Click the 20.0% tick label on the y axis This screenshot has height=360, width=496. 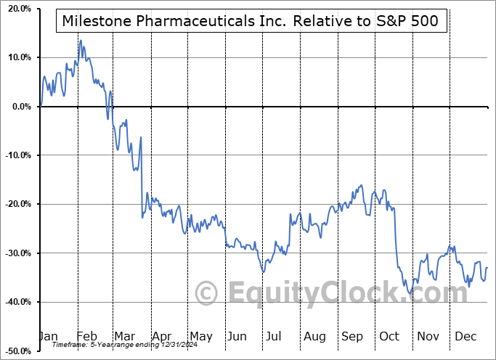pyautogui.click(x=18, y=9)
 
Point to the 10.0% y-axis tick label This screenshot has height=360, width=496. pyautogui.click(x=18, y=57)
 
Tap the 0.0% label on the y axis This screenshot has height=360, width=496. pyautogui.click(x=20, y=107)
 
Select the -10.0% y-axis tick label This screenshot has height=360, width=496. pyautogui.click(x=17, y=155)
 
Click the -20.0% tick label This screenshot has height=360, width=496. pyautogui.click(x=17, y=204)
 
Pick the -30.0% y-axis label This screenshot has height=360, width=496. pyautogui.click(x=17, y=253)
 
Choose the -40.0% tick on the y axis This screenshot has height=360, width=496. pyautogui.click(x=17, y=302)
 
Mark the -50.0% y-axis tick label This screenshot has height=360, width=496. pyautogui.click(x=17, y=351)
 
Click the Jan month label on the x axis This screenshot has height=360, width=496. pyautogui.click(x=48, y=336)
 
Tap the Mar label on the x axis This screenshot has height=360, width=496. pyautogui.click(x=125, y=336)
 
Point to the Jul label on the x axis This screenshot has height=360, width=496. pyautogui.click(x=275, y=336)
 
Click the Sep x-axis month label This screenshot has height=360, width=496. pyautogui.click(x=352, y=336)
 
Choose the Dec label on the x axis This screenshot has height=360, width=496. pyautogui.click(x=465, y=336)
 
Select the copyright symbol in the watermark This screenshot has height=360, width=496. pyautogui.click(x=207, y=293)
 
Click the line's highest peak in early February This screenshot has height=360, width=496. pyautogui.click(x=81, y=41)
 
